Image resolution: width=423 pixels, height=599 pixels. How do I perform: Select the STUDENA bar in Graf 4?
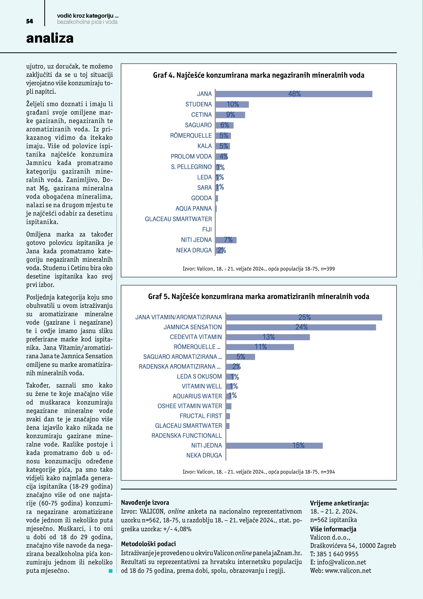pyautogui.click(x=232, y=104)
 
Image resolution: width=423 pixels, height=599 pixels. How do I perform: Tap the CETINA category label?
pyautogui.click(x=201, y=115)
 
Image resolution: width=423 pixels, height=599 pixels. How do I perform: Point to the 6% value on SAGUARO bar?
pyautogui.click(x=224, y=125)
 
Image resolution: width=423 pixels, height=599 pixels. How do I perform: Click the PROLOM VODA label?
pyautogui.click(x=191, y=157)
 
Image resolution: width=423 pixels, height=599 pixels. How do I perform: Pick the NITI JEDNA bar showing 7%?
pyautogui.click(x=226, y=240)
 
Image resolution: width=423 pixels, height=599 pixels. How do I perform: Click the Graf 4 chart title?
pyautogui.click(x=258, y=75)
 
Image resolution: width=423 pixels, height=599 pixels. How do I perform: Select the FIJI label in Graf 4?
pyautogui.click(x=207, y=230)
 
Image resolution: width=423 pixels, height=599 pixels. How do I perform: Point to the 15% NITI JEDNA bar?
pyautogui.click(x=274, y=446)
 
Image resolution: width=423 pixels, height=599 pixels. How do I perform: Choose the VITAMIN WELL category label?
pyautogui.click(x=202, y=386)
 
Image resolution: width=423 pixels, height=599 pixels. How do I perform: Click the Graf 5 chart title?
pyautogui.click(x=258, y=297)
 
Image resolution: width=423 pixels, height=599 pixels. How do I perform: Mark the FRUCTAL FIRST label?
pyautogui.click(x=201, y=416)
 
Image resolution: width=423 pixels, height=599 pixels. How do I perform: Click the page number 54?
pyautogui.click(x=29, y=21)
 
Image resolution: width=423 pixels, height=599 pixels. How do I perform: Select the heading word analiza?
pyautogui.click(x=50, y=38)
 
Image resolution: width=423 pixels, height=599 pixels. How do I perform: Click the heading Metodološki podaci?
pyautogui.click(x=148, y=544)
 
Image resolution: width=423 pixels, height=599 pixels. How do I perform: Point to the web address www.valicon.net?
pyautogui.click(x=348, y=571)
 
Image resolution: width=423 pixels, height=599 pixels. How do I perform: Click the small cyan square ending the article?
pyautogui.click(x=111, y=571)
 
